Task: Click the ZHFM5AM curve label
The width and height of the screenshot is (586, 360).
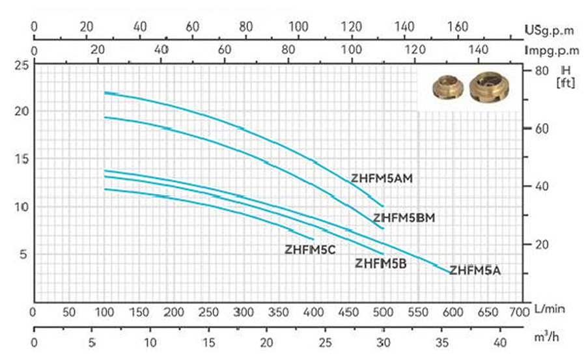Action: point(382,178)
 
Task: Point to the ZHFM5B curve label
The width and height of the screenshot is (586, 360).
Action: point(380,264)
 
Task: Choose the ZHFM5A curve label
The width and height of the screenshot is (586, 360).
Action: point(475,270)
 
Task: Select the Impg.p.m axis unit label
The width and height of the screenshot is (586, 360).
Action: point(553,50)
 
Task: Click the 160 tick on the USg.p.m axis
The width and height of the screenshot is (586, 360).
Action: point(458,27)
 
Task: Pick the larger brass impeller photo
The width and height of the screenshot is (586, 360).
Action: point(488,87)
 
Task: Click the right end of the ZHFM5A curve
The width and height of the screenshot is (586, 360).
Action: point(449,273)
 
